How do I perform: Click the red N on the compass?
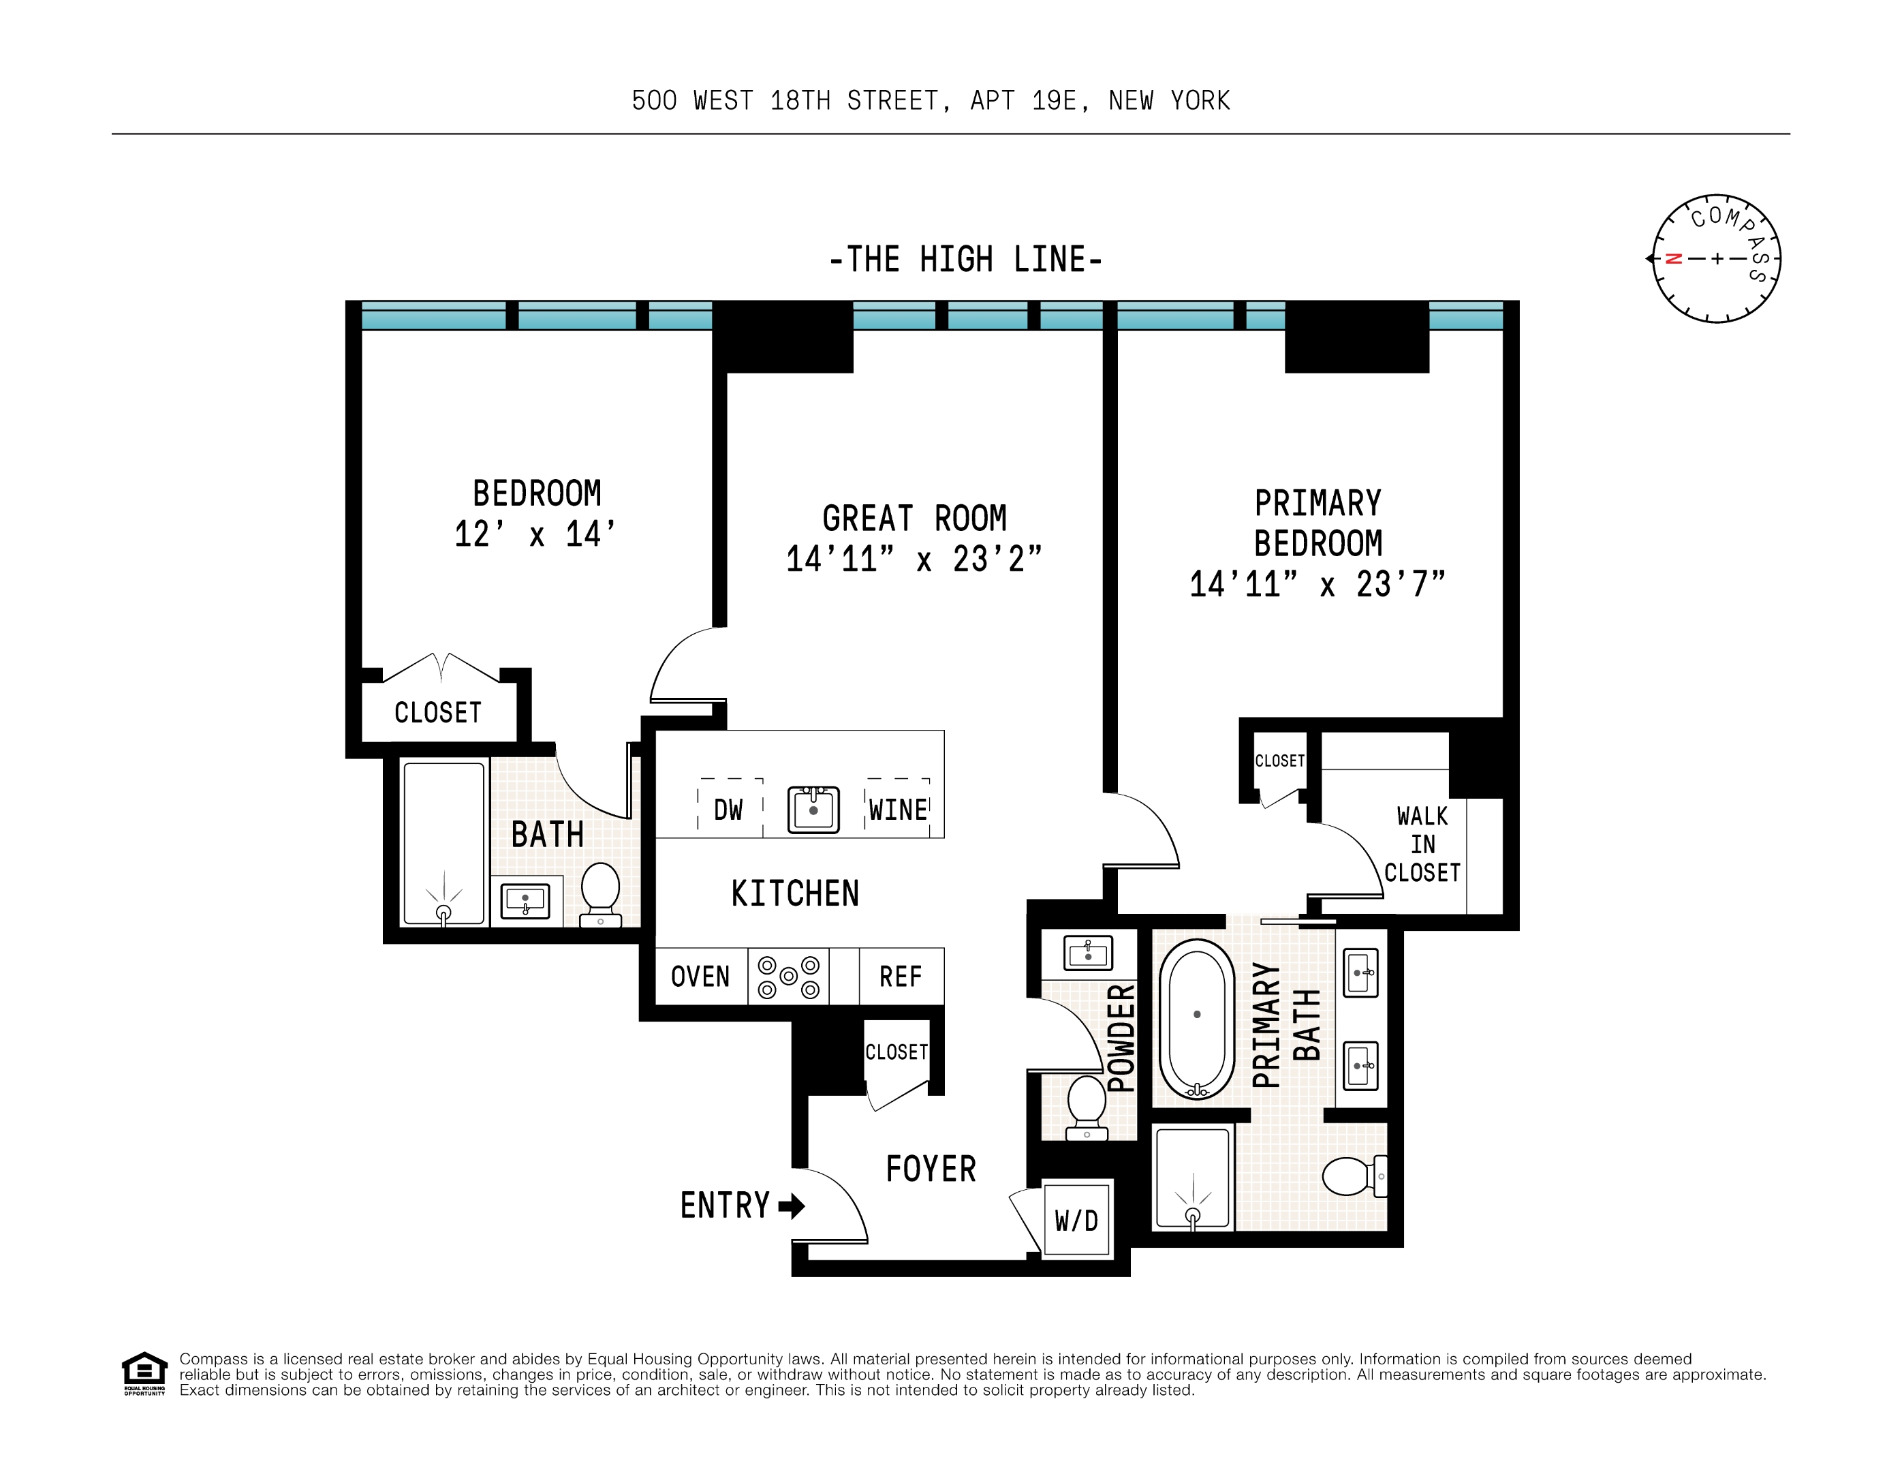pos(1673,259)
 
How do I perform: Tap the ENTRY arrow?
pos(791,1206)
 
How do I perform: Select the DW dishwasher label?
pos(728,810)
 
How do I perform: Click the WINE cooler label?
pos(898,810)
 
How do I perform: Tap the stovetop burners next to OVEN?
pos(788,977)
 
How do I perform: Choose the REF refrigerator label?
pos(900,977)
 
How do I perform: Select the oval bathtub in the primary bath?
pos(1197,1018)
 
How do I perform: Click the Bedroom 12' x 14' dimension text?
pos(535,534)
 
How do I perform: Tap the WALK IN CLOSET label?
pos(1422,844)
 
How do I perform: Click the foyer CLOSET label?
pos(896,1052)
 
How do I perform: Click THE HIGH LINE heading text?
pos(966,260)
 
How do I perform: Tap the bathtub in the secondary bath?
pos(443,842)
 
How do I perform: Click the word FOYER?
pos(930,1169)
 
